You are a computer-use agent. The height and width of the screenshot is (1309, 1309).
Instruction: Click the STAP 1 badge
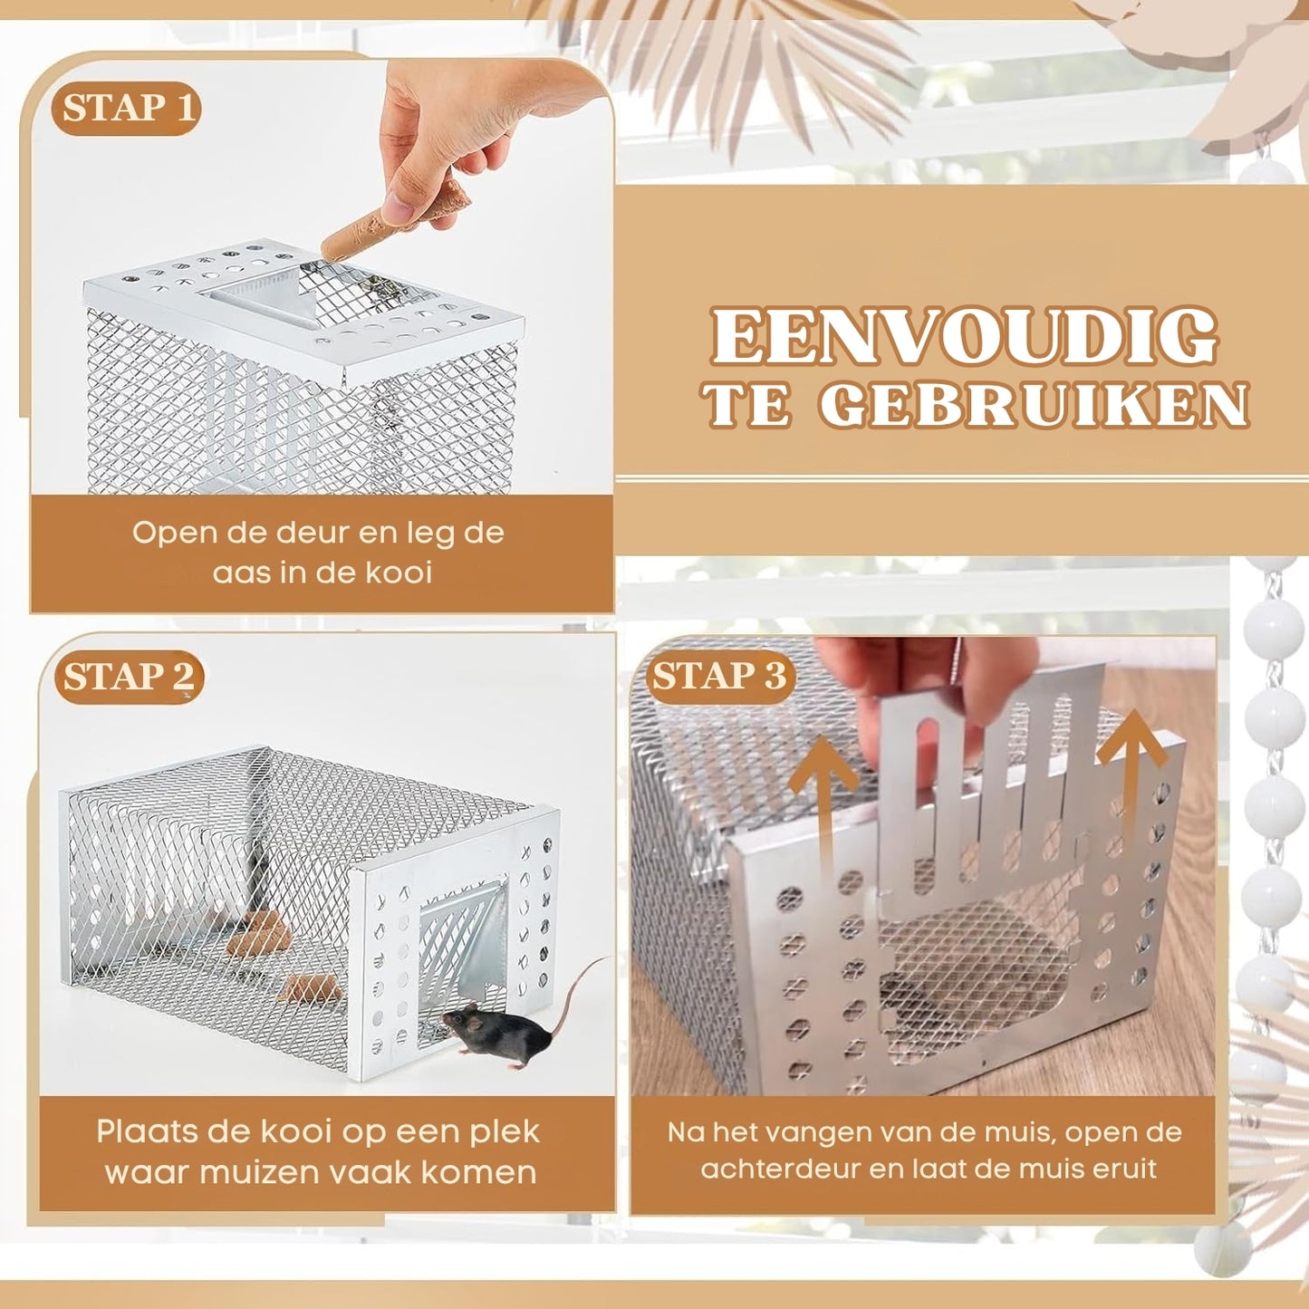[126, 109]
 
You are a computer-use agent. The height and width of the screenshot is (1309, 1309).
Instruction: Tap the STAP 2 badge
[129, 677]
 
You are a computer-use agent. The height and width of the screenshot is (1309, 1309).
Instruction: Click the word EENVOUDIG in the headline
[964, 337]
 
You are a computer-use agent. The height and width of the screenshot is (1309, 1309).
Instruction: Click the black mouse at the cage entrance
[498, 1032]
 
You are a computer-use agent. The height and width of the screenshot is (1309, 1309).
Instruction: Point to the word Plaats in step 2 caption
[146, 1131]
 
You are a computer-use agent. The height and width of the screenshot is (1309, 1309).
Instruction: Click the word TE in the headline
[746, 405]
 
